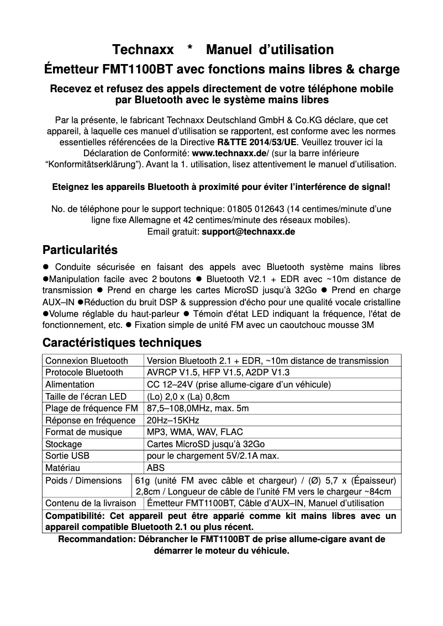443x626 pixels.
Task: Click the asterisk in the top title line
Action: click(x=189, y=50)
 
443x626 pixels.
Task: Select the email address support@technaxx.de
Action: click(x=249, y=232)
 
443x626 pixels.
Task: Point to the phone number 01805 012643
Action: click(x=247, y=209)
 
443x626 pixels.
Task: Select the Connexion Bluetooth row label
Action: click(x=86, y=361)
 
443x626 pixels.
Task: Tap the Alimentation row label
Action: click(x=70, y=385)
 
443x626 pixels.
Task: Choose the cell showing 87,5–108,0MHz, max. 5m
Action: click(x=198, y=409)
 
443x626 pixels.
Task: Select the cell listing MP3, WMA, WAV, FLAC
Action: click(x=194, y=432)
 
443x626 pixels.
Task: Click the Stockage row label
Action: click(x=64, y=444)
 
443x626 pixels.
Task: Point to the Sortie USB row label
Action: click(x=67, y=456)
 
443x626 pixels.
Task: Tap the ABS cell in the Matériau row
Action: click(x=156, y=468)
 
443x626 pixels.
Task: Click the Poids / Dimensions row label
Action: click(x=83, y=480)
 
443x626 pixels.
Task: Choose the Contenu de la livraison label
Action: click(x=91, y=503)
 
